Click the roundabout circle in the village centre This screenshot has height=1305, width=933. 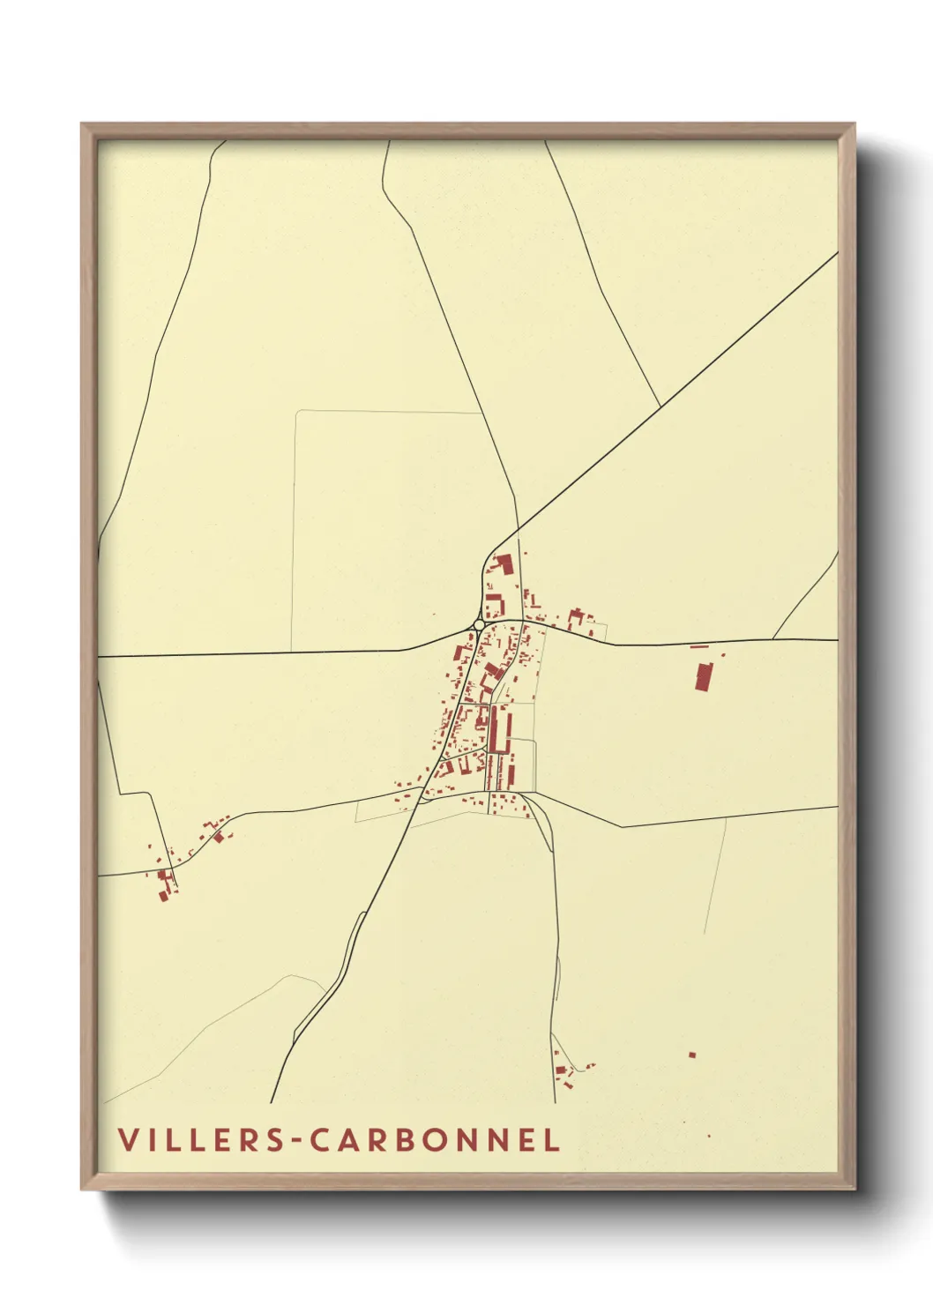pos(479,624)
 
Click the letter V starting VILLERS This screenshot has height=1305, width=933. pos(128,1139)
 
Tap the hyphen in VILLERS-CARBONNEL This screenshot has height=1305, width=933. pos(296,1141)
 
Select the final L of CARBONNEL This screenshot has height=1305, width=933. pos(552,1139)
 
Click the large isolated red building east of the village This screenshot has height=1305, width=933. pos(703,676)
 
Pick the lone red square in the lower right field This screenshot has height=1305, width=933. pos(692,1054)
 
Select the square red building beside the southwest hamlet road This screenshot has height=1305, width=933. pos(219,837)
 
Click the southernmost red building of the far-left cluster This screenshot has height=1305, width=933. pos(162,896)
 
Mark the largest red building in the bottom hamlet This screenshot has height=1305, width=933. pos(561,1070)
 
